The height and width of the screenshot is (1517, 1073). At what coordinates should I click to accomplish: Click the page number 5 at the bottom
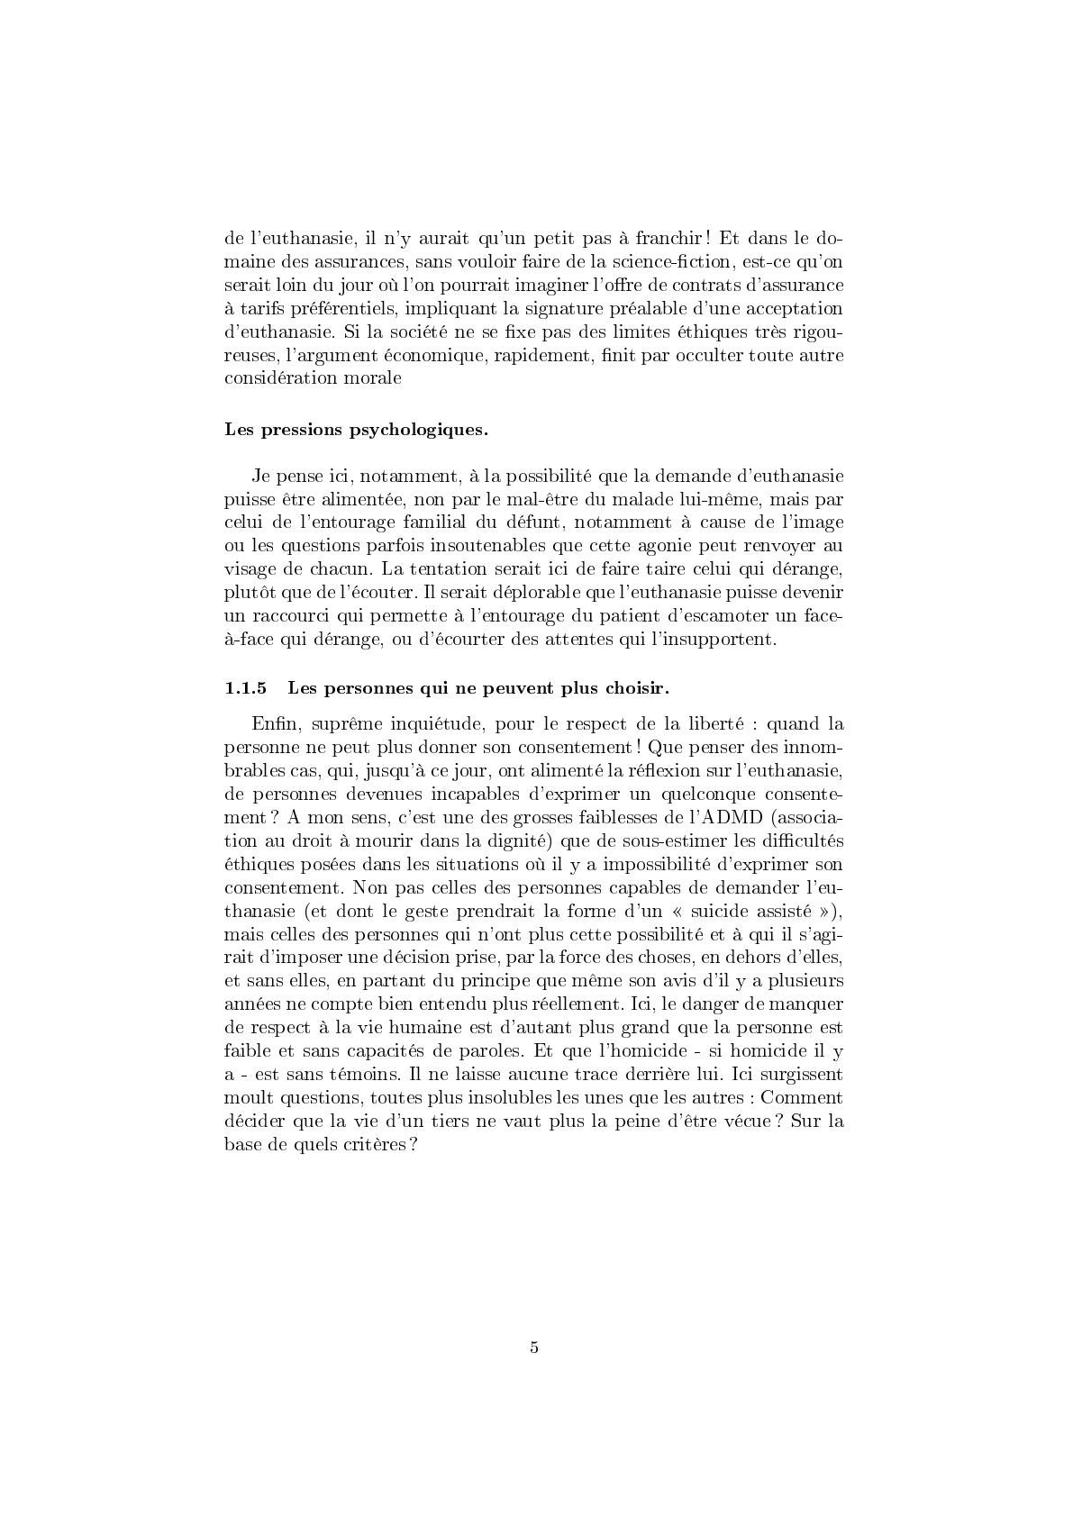click(x=535, y=1348)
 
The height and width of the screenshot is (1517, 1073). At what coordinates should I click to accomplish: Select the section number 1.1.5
click(x=246, y=689)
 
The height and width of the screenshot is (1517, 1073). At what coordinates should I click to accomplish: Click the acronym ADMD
click(x=723, y=817)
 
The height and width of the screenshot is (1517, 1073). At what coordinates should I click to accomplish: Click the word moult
click(x=245, y=1098)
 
